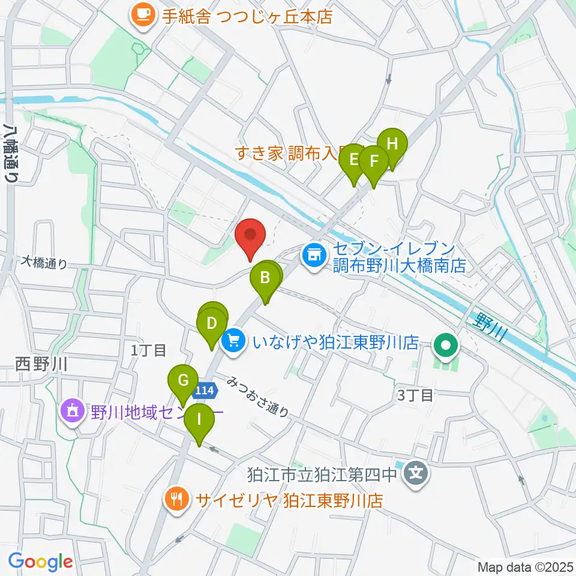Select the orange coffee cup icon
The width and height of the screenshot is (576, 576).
pyautogui.click(x=143, y=14)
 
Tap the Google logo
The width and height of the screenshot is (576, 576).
pyautogui.click(x=41, y=562)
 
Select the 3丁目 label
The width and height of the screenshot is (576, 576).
pyautogui.click(x=415, y=395)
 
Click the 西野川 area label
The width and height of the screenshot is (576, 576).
pyautogui.click(x=40, y=363)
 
